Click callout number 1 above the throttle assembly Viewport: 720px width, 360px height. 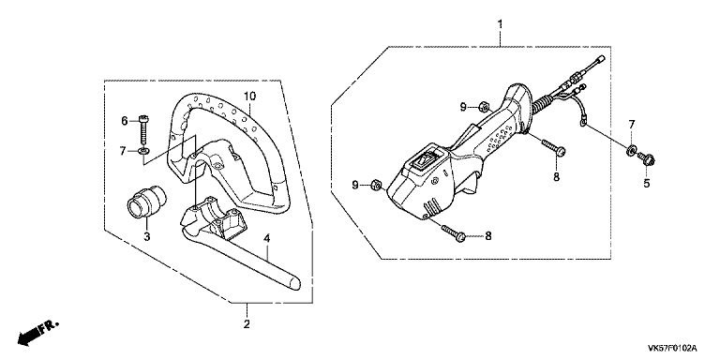pyautogui.click(x=500, y=23)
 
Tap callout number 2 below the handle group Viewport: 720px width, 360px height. pyautogui.click(x=247, y=324)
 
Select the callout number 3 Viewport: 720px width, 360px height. pyautogui.click(x=147, y=237)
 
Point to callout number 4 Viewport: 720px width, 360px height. pyautogui.click(x=267, y=238)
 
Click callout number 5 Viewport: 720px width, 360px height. pyautogui.click(x=647, y=184)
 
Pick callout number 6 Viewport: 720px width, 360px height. pyautogui.click(x=124, y=121)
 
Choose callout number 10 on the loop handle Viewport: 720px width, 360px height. pyautogui.click(x=249, y=97)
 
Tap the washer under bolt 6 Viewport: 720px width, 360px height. pyautogui.click(x=144, y=150)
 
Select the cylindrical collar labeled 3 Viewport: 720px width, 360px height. pyautogui.click(x=146, y=202)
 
